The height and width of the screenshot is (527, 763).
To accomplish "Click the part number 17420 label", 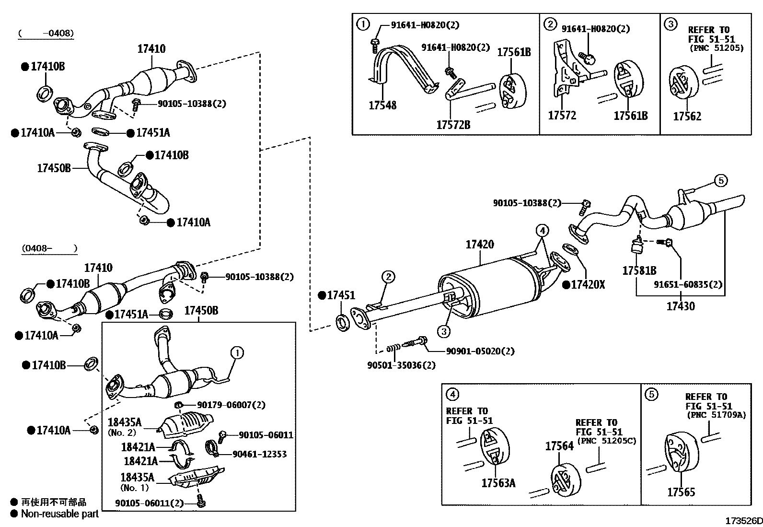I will [x=479, y=245].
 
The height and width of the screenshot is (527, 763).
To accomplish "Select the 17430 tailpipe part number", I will [x=680, y=306].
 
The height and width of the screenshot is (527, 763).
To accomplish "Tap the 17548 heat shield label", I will [x=382, y=105].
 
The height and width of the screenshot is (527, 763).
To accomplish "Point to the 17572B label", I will [x=453, y=125].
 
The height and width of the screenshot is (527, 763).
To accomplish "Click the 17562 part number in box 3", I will [x=687, y=116].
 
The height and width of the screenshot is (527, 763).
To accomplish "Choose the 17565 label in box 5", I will [x=681, y=492].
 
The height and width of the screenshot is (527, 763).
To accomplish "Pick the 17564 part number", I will [x=559, y=446].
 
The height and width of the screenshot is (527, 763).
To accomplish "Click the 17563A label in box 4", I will [x=498, y=483].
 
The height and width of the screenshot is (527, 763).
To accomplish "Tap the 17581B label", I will [x=639, y=271].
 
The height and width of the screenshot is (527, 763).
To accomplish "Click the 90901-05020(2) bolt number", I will [x=480, y=351].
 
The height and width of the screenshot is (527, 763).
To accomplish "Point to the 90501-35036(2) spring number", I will [x=402, y=365].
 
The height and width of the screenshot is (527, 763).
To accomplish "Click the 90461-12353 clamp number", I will [x=259, y=454].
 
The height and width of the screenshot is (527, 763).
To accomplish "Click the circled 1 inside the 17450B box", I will [x=237, y=353].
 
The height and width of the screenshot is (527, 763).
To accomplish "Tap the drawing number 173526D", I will [x=743, y=521].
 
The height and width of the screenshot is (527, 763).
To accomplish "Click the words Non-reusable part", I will [x=59, y=514].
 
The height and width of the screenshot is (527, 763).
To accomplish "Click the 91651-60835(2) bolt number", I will [x=688, y=284].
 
